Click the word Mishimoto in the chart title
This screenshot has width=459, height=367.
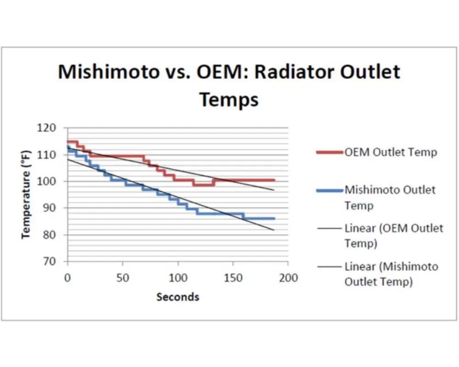(109, 72)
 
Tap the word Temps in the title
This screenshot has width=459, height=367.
(229, 100)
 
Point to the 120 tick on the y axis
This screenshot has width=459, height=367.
(46, 128)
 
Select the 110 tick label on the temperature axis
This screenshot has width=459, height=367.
(46, 155)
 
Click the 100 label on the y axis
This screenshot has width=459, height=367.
(46, 182)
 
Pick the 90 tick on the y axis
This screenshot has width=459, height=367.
(49, 208)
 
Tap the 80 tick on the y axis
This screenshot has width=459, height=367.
(49, 235)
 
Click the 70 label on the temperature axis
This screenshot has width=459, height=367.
(49, 261)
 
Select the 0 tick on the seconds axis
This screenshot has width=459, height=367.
(67, 278)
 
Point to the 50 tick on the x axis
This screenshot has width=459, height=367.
(123, 278)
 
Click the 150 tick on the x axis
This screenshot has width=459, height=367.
(233, 278)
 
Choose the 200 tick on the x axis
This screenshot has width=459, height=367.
(288, 278)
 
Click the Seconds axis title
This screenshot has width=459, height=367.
(178, 297)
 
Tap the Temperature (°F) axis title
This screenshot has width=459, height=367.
(26, 195)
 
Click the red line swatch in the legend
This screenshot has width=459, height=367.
(330, 152)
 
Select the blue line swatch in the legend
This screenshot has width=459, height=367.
(330, 191)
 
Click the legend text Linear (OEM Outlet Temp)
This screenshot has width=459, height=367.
(393, 236)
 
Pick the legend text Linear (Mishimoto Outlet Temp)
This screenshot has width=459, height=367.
(391, 274)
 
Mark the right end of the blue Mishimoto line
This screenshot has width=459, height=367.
(274, 218)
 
